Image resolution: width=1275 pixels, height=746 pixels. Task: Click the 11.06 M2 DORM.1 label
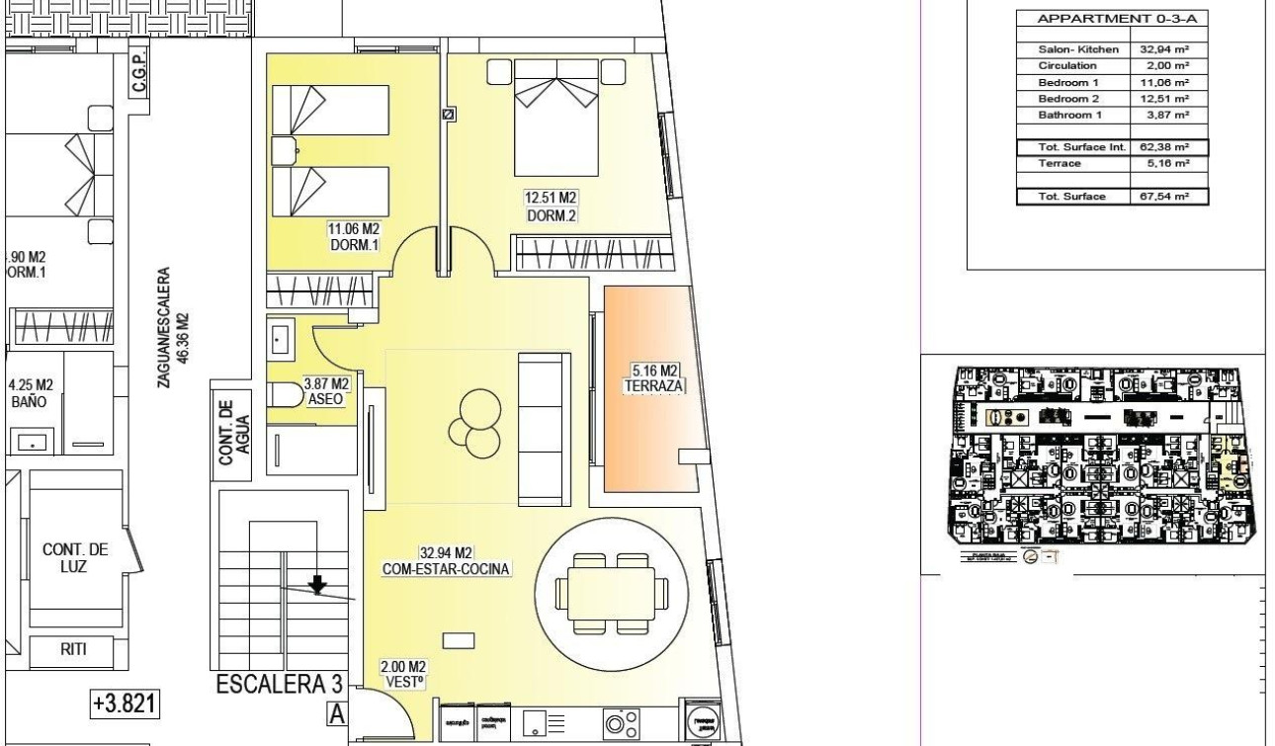(x=354, y=236)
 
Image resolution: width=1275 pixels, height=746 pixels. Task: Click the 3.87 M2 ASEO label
(x=327, y=390)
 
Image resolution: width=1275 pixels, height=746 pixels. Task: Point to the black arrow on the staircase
(x=317, y=585)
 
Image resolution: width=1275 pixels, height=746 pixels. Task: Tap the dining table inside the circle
(x=611, y=593)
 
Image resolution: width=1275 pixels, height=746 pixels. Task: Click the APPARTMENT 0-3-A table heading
(x=1111, y=18)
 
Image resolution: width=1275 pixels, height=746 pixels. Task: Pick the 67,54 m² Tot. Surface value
(x=1167, y=196)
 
